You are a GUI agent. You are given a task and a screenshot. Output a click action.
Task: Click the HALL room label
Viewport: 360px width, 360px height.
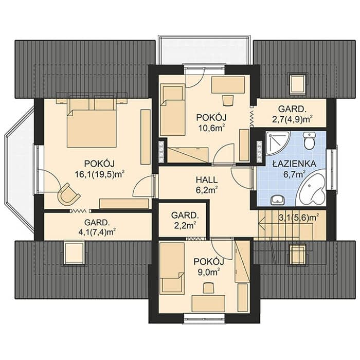pyautogui.click(x=207, y=180)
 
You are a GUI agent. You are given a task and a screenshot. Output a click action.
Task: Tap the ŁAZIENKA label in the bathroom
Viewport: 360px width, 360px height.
pyautogui.click(x=294, y=164)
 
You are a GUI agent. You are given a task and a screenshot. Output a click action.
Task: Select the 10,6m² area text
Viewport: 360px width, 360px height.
pyautogui.click(x=211, y=128)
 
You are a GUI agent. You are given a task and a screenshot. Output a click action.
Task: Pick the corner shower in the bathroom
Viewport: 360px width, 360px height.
pyautogui.click(x=277, y=143)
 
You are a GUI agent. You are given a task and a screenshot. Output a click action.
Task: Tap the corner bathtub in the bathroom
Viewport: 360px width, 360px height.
pyautogui.click(x=312, y=189)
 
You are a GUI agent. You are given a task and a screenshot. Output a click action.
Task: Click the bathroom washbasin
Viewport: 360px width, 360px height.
pyautogui.click(x=277, y=200)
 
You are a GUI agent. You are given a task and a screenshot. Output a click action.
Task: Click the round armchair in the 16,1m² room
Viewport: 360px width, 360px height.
pyautogui.click(x=68, y=193)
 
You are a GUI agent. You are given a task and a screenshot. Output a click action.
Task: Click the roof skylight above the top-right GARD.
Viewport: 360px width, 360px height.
pyautogui.click(x=298, y=83)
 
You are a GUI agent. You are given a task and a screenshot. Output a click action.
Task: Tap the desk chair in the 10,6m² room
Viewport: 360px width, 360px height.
pyautogui.click(x=228, y=101)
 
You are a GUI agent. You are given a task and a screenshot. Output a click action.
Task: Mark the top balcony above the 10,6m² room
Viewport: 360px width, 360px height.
pyautogui.click(x=204, y=50)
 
